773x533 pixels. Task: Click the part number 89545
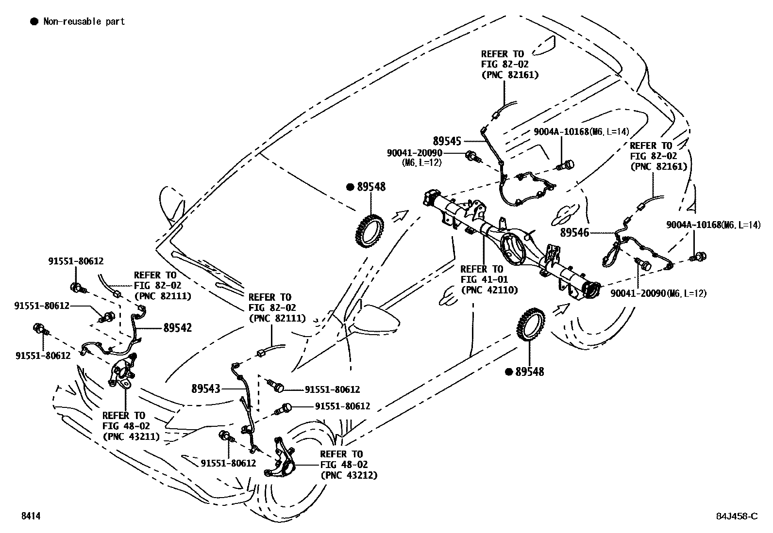pyautogui.click(x=446, y=141)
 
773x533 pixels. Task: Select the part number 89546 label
pyautogui.click(x=574, y=232)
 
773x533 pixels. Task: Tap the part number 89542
pyautogui.click(x=177, y=328)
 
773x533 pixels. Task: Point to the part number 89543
pyautogui.click(x=205, y=388)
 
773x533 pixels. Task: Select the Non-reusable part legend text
pyautogui.click(x=84, y=21)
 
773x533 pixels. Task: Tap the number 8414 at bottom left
pyautogui.click(x=30, y=516)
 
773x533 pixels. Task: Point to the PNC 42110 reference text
pyautogui.click(x=489, y=290)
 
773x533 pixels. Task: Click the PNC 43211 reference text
pyautogui.click(x=131, y=436)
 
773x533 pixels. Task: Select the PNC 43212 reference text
pyautogui.click(x=348, y=475)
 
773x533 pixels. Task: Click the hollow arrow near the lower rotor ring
pyautogui.click(x=561, y=308)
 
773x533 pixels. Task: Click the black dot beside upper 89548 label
pyautogui.click(x=350, y=187)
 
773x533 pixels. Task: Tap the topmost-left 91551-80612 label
pyautogui.click(x=75, y=261)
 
